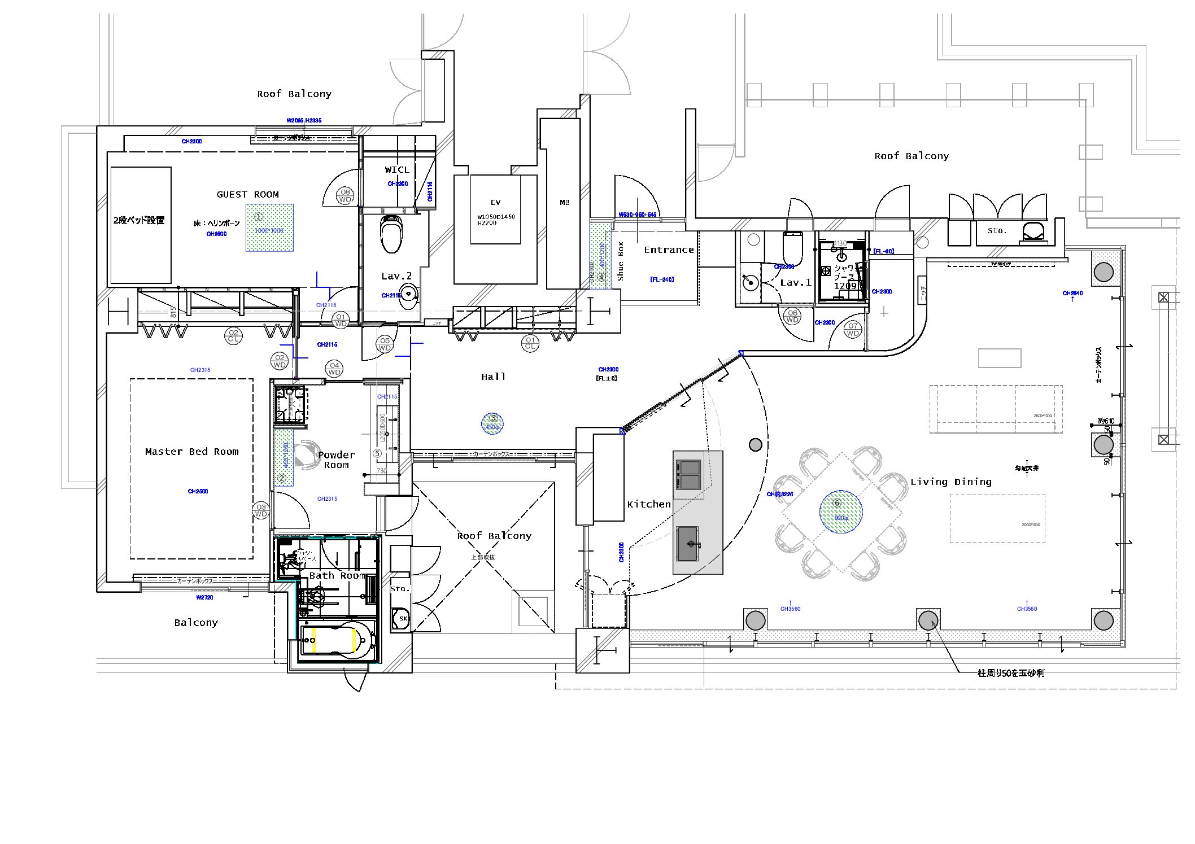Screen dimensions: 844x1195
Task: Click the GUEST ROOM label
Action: click(x=247, y=195)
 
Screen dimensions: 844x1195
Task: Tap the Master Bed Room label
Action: click(x=191, y=452)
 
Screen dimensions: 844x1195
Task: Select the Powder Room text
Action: click(x=337, y=460)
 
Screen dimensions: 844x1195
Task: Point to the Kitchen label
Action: click(x=649, y=504)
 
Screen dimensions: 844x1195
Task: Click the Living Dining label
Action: click(x=951, y=482)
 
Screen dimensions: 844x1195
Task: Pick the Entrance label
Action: click(x=669, y=250)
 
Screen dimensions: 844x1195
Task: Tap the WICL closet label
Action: click(x=397, y=170)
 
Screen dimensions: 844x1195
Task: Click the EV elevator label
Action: click(x=495, y=203)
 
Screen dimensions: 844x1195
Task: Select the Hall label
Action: click(x=493, y=377)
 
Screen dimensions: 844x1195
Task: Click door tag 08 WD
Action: click(x=344, y=196)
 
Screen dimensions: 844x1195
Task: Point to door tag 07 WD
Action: click(x=853, y=329)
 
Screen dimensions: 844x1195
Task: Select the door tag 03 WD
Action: click(x=261, y=510)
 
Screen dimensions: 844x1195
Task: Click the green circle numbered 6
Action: click(x=840, y=511)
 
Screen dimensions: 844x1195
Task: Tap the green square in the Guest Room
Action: click(x=269, y=227)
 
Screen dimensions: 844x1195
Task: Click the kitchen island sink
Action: click(x=688, y=544)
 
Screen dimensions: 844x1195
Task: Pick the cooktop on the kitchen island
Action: click(x=688, y=474)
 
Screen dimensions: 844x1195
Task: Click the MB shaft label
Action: click(x=564, y=203)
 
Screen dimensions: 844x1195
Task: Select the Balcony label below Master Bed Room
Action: click(x=196, y=623)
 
